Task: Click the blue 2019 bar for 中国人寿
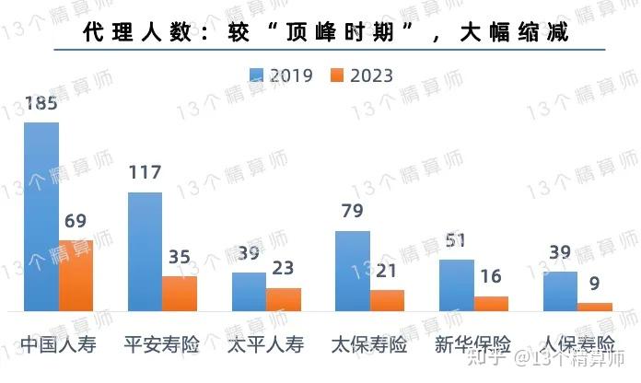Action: (41, 217)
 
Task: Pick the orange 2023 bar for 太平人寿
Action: (284, 300)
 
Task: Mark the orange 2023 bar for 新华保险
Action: (491, 304)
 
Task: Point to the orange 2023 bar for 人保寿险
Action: (595, 308)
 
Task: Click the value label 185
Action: (41, 103)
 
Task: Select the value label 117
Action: (145, 173)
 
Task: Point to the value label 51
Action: (456, 241)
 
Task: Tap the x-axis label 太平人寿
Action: (265, 346)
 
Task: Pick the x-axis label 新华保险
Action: (472, 346)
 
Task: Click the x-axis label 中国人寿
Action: (57, 346)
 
